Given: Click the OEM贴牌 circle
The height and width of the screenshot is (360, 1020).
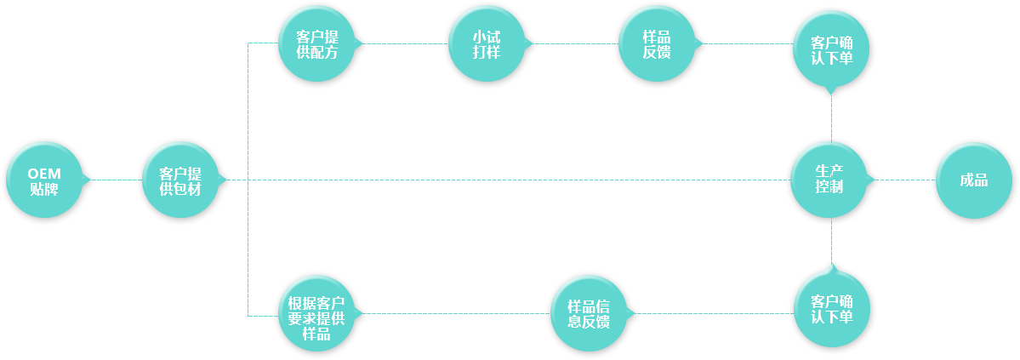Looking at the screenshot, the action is pos(44,180).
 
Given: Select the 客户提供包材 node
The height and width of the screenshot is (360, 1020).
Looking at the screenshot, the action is pos(180,180).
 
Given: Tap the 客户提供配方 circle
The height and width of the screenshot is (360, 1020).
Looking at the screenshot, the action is pos(316,43).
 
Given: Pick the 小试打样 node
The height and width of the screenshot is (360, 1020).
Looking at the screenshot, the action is pos(487,43).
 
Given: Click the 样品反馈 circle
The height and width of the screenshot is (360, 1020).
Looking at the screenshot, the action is pos(657,43).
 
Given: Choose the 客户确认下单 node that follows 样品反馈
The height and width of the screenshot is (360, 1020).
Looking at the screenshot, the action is pos(831,49).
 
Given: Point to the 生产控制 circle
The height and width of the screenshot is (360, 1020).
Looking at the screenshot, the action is pos(829,180).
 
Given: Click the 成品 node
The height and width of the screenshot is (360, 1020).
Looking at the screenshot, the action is pos(974,180).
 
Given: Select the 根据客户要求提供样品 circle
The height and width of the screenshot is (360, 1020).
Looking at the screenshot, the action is pos(316,314).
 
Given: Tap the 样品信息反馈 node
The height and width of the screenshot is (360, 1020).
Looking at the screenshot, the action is pos(590,314).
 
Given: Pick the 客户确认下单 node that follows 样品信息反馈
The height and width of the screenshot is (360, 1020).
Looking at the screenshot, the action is pos(832,309).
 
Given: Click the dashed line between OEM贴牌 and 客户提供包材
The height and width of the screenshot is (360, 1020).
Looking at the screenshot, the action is pos(117,180).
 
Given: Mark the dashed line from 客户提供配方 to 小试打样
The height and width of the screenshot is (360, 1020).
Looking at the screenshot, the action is pos(406,43).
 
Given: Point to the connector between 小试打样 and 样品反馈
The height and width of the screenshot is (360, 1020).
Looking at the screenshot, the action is pos(576,43).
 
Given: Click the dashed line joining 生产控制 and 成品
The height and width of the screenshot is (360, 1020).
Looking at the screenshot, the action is pos(905,180).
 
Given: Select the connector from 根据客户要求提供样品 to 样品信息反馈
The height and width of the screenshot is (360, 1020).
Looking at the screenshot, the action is pos(458,314).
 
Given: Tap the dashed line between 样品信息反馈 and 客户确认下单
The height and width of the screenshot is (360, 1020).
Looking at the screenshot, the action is pos(715,314).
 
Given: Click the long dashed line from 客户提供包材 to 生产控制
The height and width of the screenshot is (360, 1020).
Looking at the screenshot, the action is pos(509,180).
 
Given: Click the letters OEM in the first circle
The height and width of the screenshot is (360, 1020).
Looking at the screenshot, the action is pos(44,174).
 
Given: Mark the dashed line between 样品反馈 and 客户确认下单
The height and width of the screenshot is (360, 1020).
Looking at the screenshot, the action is pos(748,43).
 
